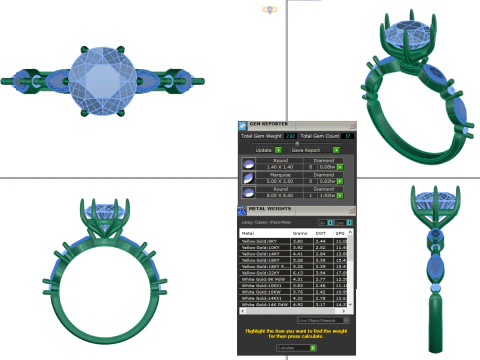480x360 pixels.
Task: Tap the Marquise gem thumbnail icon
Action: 249,178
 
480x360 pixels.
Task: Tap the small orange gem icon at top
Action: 268,9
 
